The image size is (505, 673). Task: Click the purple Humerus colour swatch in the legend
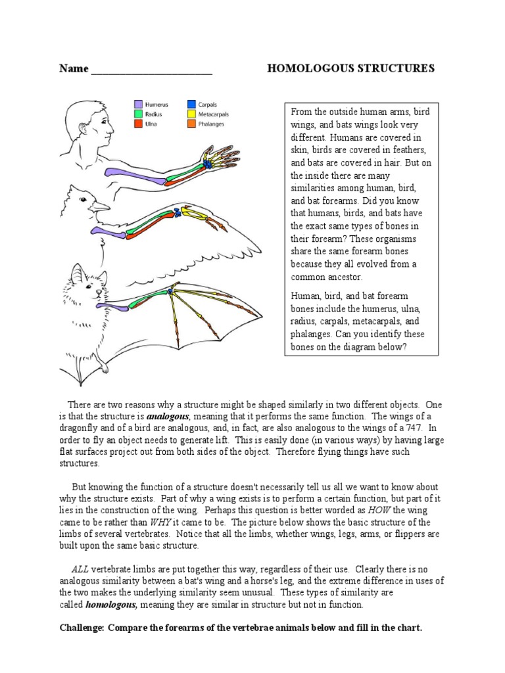tap(139, 104)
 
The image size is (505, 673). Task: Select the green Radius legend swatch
tap(139, 114)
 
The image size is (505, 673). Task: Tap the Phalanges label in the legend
tap(211, 124)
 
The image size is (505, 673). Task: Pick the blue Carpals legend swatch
tap(191, 104)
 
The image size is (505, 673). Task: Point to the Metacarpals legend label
tap(215, 114)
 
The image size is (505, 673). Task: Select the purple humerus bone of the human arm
tap(132, 172)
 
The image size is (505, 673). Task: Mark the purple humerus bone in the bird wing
tap(105, 230)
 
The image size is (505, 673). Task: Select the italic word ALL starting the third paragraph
tap(80, 569)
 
